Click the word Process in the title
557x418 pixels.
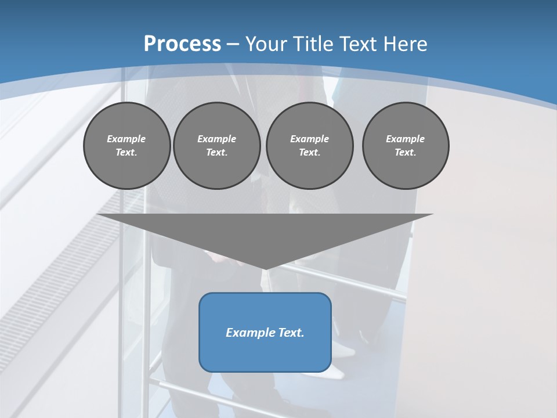coord(182,44)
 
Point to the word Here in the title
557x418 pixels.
coord(405,44)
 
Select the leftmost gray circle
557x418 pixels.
coord(126,146)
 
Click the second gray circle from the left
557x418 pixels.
coord(216,146)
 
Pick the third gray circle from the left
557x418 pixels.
coord(309,146)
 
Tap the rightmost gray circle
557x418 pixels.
coord(405,146)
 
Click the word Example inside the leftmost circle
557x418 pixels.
coord(126,139)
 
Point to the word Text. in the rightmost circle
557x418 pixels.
coord(405,153)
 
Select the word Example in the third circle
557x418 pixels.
coord(309,139)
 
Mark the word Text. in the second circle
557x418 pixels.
coord(216,153)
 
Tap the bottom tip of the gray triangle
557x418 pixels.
coord(265,268)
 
